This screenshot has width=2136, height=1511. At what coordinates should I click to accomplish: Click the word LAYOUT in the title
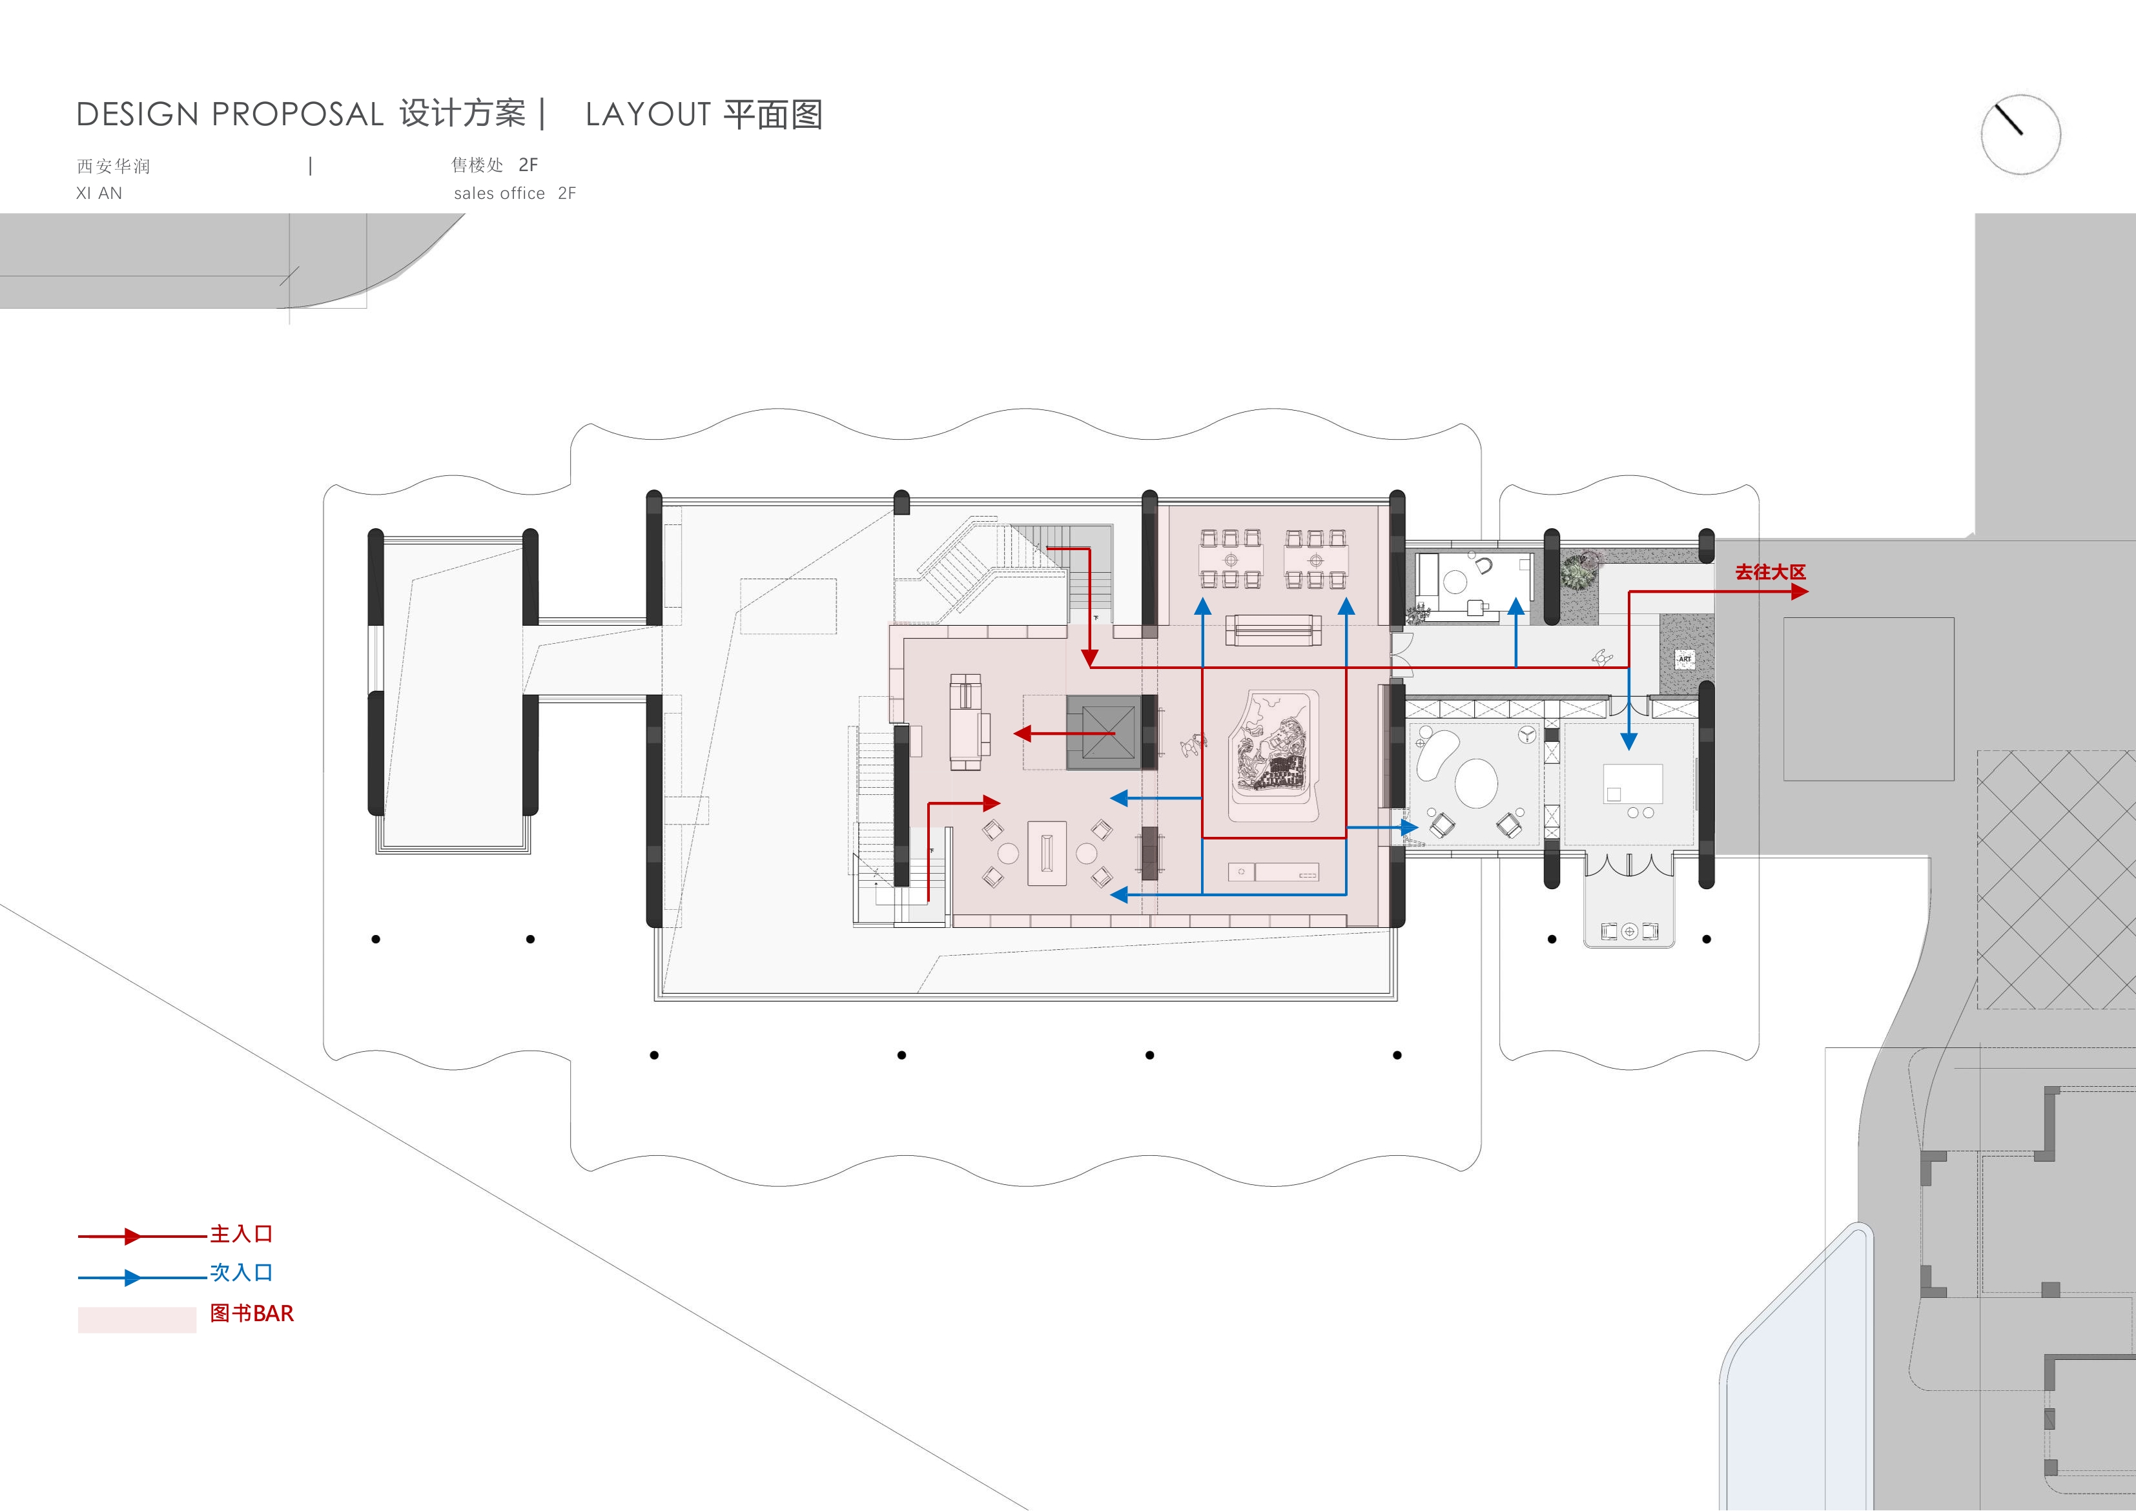(648, 114)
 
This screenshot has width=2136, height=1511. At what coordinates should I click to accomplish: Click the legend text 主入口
(241, 1234)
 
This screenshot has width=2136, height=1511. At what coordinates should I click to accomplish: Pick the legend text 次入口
(241, 1272)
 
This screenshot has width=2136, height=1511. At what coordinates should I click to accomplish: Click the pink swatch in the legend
(137, 1319)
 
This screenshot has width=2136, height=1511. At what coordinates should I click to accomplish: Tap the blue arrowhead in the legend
(133, 1277)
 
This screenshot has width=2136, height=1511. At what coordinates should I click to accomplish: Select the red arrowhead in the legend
(133, 1237)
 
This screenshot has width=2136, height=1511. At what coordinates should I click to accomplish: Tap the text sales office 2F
(515, 194)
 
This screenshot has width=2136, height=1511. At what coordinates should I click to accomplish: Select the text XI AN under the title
(99, 194)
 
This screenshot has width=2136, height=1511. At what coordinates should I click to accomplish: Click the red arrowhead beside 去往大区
(1799, 591)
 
